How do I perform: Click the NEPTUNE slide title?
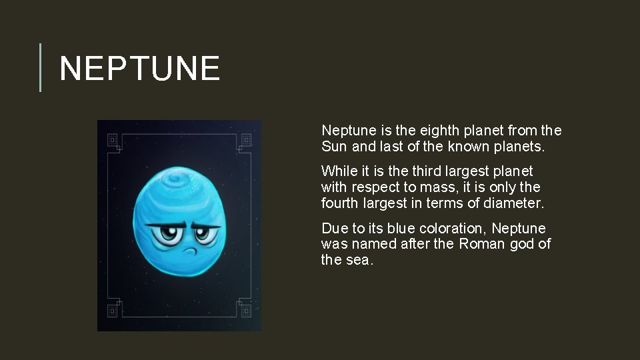tap(139, 69)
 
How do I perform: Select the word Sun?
tap(334, 147)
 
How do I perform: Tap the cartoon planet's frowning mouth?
tap(189, 251)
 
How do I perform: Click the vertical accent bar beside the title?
tap(41, 67)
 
